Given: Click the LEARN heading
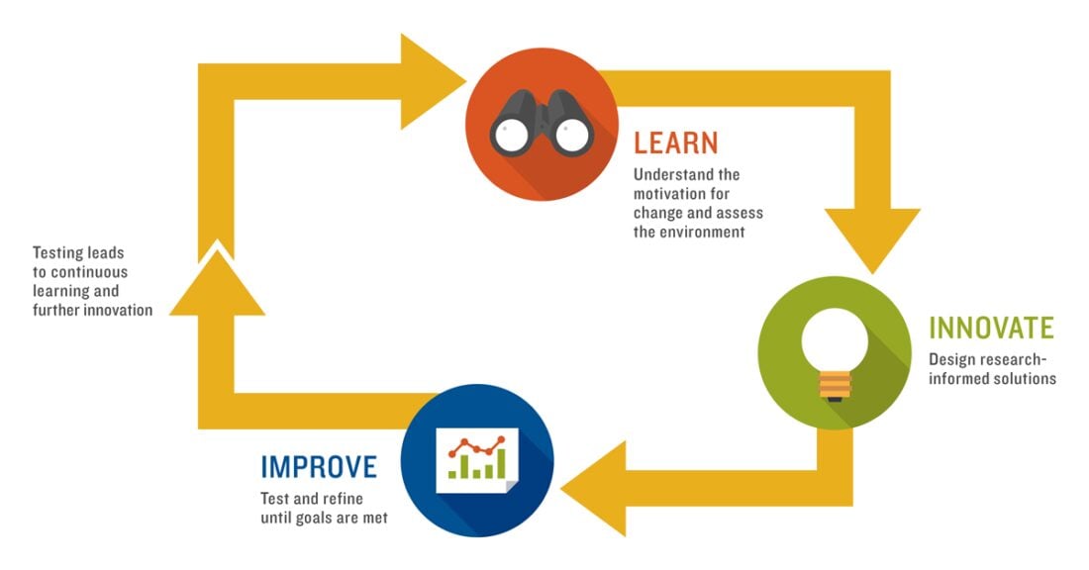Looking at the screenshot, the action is pos(675,143).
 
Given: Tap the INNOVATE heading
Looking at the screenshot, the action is pos(991,328).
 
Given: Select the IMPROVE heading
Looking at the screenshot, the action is pos(319,467).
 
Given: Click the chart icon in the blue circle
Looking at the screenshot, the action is pos(477,460).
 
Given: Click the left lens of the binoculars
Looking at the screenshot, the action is pos(511,135).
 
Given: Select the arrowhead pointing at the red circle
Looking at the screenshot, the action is pos(432,82).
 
